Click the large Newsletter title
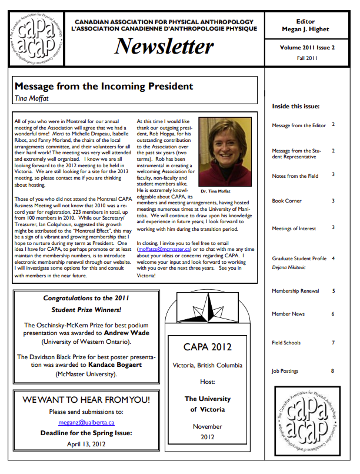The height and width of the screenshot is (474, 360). click(164, 46)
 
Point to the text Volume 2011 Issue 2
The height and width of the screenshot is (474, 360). click(307, 47)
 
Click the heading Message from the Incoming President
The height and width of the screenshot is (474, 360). click(104, 87)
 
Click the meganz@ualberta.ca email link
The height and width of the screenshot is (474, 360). click(86, 422)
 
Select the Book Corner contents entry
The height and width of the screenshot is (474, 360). click(286, 201)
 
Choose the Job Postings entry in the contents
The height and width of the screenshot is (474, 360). click(285, 372)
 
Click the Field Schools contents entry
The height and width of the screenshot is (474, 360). click(286, 343)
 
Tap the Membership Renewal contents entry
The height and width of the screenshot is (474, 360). click(295, 291)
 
